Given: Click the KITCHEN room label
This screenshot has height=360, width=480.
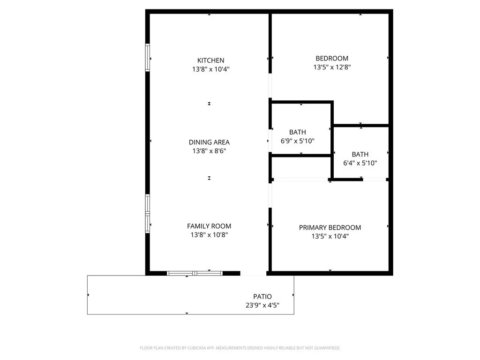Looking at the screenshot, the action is tap(210, 60).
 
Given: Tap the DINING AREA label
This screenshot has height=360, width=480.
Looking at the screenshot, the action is tap(209, 142).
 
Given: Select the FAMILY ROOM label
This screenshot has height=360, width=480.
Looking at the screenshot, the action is tap(209, 226).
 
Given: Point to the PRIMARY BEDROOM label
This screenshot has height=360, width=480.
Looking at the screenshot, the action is tap(330, 227).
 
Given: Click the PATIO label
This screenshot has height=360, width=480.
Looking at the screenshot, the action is tap(262, 296).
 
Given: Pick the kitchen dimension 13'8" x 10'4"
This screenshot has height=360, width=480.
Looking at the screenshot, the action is tap(210, 69).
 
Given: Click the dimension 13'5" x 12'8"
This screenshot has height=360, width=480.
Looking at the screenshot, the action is tap(332, 67).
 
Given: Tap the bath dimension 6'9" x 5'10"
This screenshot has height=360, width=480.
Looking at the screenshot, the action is tap(298, 141).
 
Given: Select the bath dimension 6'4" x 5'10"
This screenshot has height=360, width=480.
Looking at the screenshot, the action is tap(360, 163).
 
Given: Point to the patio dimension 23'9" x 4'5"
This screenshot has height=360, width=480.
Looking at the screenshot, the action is tap(262, 305).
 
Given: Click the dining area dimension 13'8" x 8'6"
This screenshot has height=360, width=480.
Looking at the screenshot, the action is tap(209, 150).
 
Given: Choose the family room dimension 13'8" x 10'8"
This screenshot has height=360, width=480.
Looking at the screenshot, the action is tap(209, 234).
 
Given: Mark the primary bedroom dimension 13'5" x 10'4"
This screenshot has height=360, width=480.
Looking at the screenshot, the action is tap(330, 236).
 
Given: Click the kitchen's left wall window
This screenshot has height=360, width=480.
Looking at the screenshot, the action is tap(148, 58).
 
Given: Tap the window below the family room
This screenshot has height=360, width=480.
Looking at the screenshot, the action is tap(195, 273).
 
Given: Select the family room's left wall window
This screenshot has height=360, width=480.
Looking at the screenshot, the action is tap(148, 213).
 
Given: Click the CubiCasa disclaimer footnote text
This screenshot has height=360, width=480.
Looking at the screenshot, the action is tap(240, 348).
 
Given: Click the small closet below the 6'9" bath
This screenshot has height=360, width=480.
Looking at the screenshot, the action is tap(300, 167).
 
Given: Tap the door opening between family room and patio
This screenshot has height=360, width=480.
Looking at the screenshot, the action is tap(253, 273).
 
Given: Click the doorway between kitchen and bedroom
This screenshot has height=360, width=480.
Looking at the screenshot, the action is tap(270, 86).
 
